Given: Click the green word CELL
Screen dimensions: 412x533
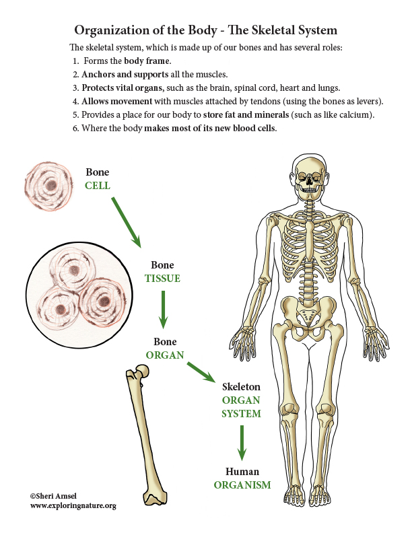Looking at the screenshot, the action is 97,186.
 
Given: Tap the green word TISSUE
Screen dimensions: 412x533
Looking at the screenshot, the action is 162,279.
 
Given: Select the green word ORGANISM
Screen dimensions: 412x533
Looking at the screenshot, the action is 242,485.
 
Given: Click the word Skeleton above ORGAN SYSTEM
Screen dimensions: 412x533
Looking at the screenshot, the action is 242,386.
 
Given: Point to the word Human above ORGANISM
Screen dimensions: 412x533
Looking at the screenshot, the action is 242,472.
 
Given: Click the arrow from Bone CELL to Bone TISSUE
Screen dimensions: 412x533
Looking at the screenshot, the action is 126,222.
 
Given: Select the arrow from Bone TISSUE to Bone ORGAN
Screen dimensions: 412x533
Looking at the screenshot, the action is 163,310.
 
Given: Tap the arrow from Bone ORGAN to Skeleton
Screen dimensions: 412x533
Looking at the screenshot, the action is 201,372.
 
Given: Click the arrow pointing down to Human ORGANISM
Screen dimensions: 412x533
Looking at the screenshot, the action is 242,443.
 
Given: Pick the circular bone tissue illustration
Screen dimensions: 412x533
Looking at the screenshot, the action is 79,295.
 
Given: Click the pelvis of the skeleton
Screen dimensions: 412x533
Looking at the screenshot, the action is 308,317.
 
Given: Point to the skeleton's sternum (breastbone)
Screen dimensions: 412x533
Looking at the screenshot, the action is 310,242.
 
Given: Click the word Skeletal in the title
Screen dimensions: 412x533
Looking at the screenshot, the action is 273,30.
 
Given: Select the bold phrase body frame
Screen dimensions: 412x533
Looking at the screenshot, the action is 147,61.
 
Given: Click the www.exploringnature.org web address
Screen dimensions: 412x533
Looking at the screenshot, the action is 73,506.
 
